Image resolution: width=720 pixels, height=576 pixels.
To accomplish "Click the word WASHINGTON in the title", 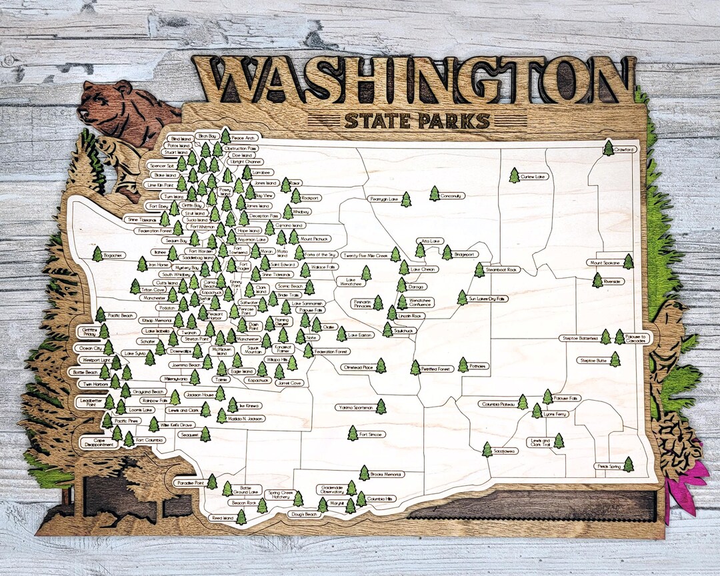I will pyautogui.click(x=413, y=80).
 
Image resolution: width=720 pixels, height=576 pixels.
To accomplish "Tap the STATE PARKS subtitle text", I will pyautogui.click(x=417, y=121).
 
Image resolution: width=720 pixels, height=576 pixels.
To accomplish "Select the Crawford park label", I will pyautogui.click(x=625, y=149).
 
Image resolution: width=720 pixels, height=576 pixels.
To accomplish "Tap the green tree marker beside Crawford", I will pyautogui.click(x=608, y=148).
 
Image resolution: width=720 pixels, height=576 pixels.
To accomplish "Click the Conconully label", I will pyautogui.click(x=452, y=196).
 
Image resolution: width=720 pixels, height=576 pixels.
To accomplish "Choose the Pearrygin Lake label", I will pyautogui.click(x=384, y=199).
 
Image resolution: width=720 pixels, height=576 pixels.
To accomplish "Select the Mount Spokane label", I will pyautogui.click(x=605, y=263).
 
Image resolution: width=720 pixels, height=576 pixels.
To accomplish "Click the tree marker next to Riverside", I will pyautogui.click(x=597, y=281).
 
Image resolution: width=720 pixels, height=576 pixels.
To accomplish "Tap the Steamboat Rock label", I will pyautogui.click(x=502, y=270).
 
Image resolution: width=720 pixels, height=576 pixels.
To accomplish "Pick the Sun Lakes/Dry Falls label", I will pyautogui.click(x=487, y=299).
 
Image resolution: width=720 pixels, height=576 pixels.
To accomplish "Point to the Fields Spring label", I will pyautogui.click(x=608, y=467).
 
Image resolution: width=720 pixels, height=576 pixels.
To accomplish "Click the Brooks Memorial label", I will pyautogui.click(x=386, y=474).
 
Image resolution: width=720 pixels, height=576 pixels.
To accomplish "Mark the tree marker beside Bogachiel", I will pyautogui.click(x=97, y=255).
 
